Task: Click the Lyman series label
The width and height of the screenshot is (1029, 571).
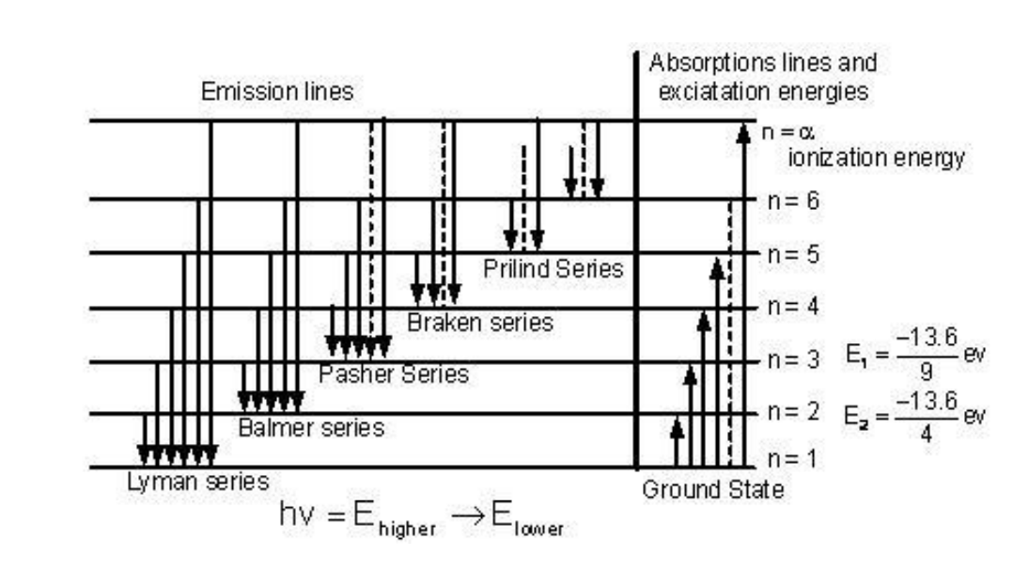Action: [198, 483]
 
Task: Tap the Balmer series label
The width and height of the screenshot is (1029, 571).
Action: [311, 428]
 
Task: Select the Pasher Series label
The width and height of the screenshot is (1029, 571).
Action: [394, 373]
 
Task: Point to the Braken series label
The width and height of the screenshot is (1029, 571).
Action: [479, 323]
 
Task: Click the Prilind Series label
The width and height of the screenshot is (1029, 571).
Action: [553, 269]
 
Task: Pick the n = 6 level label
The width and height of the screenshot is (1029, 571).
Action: [793, 200]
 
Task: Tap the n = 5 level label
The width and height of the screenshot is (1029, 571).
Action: [793, 254]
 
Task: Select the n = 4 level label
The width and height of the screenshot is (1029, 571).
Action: [793, 307]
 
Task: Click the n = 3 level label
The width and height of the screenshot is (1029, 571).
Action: [793, 359]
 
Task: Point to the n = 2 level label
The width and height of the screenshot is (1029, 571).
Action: [793, 412]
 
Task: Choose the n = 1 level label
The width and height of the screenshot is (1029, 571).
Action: [792, 458]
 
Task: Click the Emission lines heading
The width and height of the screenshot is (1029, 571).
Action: [277, 91]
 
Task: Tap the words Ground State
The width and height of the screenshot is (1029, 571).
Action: [713, 489]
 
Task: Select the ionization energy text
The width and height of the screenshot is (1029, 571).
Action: [876, 158]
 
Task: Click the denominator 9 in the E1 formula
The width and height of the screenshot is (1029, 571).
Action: [926, 372]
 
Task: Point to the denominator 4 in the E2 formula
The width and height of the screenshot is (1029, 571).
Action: [926, 434]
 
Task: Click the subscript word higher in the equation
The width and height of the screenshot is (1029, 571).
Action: [407, 529]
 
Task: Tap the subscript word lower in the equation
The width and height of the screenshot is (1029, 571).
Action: [538, 529]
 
